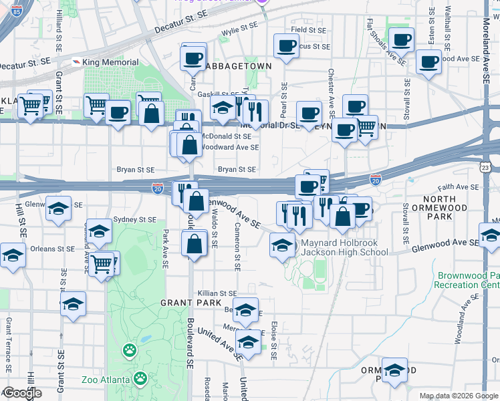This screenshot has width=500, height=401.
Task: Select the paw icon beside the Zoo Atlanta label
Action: coord(140,380)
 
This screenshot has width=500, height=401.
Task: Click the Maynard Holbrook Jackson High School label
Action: coord(344,247)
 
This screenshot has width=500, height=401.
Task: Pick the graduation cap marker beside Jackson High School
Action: coord(282,245)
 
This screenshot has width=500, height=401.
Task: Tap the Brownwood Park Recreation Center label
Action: coord(468,280)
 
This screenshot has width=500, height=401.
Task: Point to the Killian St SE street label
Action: coord(217,293)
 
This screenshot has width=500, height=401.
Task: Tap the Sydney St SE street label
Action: coord(134,219)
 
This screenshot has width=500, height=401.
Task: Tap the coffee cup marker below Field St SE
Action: coord(286,47)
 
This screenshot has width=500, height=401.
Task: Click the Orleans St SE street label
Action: coord(47,249)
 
